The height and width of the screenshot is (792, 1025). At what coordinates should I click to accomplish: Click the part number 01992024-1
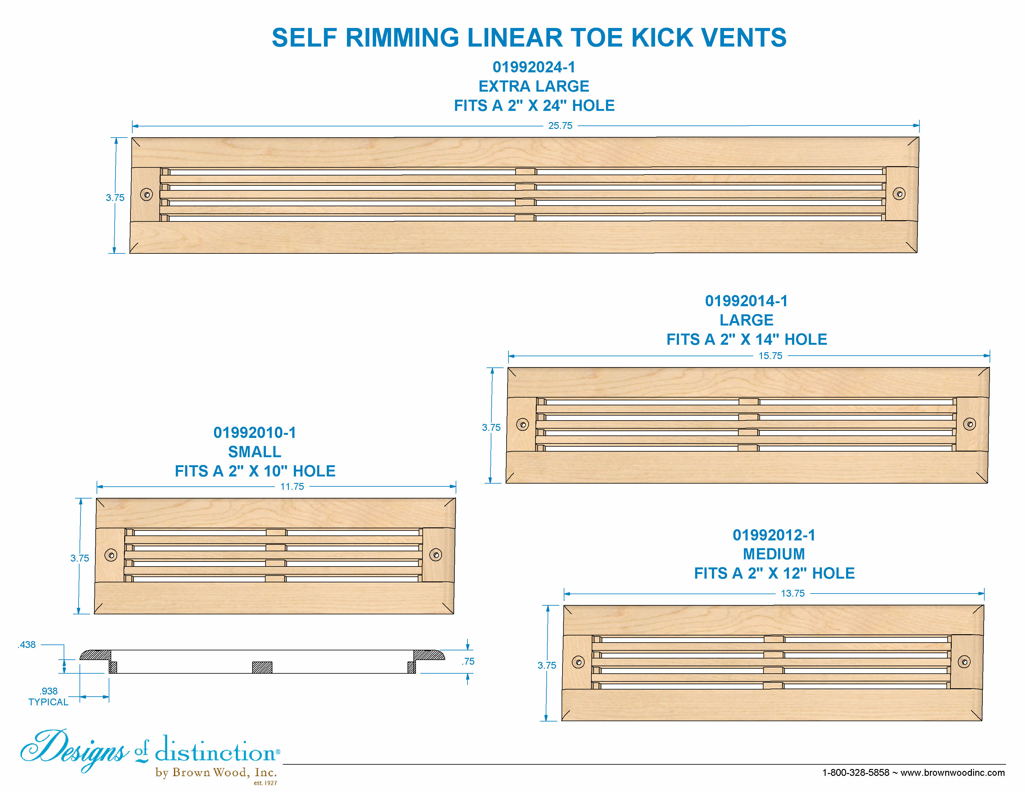pyautogui.click(x=534, y=67)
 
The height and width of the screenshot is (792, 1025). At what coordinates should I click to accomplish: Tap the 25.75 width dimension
pyautogui.click(x=560, y=126)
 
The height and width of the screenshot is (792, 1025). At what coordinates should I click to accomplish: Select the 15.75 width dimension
pyautogui.click(x=770, y=356)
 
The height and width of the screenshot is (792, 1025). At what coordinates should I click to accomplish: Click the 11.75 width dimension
pyautogui.click(x=292, y=487)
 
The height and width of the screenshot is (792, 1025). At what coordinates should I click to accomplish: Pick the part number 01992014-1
pyautogui.click(x=746, y=301)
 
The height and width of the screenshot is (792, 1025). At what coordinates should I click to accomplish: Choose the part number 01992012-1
pyautogui.click(x=774, y=535)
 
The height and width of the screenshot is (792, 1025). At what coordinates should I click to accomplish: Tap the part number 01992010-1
pyautogui.click(x=255, y=433)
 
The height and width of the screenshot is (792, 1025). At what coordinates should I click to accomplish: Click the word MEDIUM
pyautogui.click(x=774, y=554)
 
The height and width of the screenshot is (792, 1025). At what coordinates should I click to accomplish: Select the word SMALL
pyautogui.click(x=255, y=452)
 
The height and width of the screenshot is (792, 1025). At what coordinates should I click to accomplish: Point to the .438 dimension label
pyautogui.click(x=27, y=645)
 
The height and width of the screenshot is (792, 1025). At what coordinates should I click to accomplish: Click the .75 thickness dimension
pyautogui.click(x=468, y=661)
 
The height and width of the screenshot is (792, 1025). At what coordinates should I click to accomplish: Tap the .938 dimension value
pyautogui.click(x=49, y=691)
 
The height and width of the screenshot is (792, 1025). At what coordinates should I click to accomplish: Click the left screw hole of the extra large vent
pyautogui.click(x=146, y=194)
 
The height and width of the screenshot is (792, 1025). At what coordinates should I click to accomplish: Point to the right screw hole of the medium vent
pyautogui.click(x=964, y=662)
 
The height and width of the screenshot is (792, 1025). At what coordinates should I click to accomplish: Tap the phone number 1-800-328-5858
pyautogui.click(x=856, y=772)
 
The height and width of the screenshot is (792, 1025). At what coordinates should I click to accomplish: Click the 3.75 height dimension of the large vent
pyautogui.click(x=491, y=427)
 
